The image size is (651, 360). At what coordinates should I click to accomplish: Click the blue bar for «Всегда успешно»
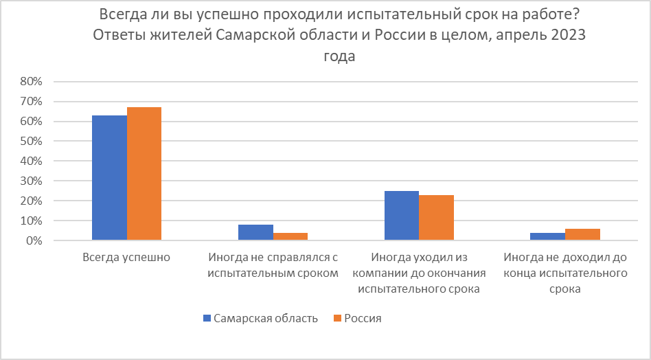(x=110, y=178)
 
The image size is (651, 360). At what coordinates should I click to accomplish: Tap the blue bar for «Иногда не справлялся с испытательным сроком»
(x=255, y=233)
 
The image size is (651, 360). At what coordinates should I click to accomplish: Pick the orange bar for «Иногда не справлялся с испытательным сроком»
(x=290, y=237)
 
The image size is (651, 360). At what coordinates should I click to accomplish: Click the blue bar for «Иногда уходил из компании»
(x=402, y=216)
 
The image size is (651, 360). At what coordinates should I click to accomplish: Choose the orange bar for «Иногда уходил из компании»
(x=436, y=218)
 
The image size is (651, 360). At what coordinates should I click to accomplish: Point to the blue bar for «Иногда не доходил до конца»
(x=547, y=237)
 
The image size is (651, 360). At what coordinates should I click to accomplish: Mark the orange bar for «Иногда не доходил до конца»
(x=582, y=235)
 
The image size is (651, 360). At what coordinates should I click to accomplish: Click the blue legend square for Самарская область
(x=206, y=319)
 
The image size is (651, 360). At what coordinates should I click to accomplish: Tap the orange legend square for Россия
(x=336, y=319)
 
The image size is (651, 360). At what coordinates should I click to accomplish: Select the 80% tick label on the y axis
(x=32, y=82)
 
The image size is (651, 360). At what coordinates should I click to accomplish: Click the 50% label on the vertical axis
(x=32, y=142)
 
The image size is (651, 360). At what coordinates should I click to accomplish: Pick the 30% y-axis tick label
(x=32, y=181)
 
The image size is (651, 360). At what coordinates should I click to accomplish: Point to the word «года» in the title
(x=339, y=58)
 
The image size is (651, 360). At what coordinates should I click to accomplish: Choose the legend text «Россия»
(x=363, y=319)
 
